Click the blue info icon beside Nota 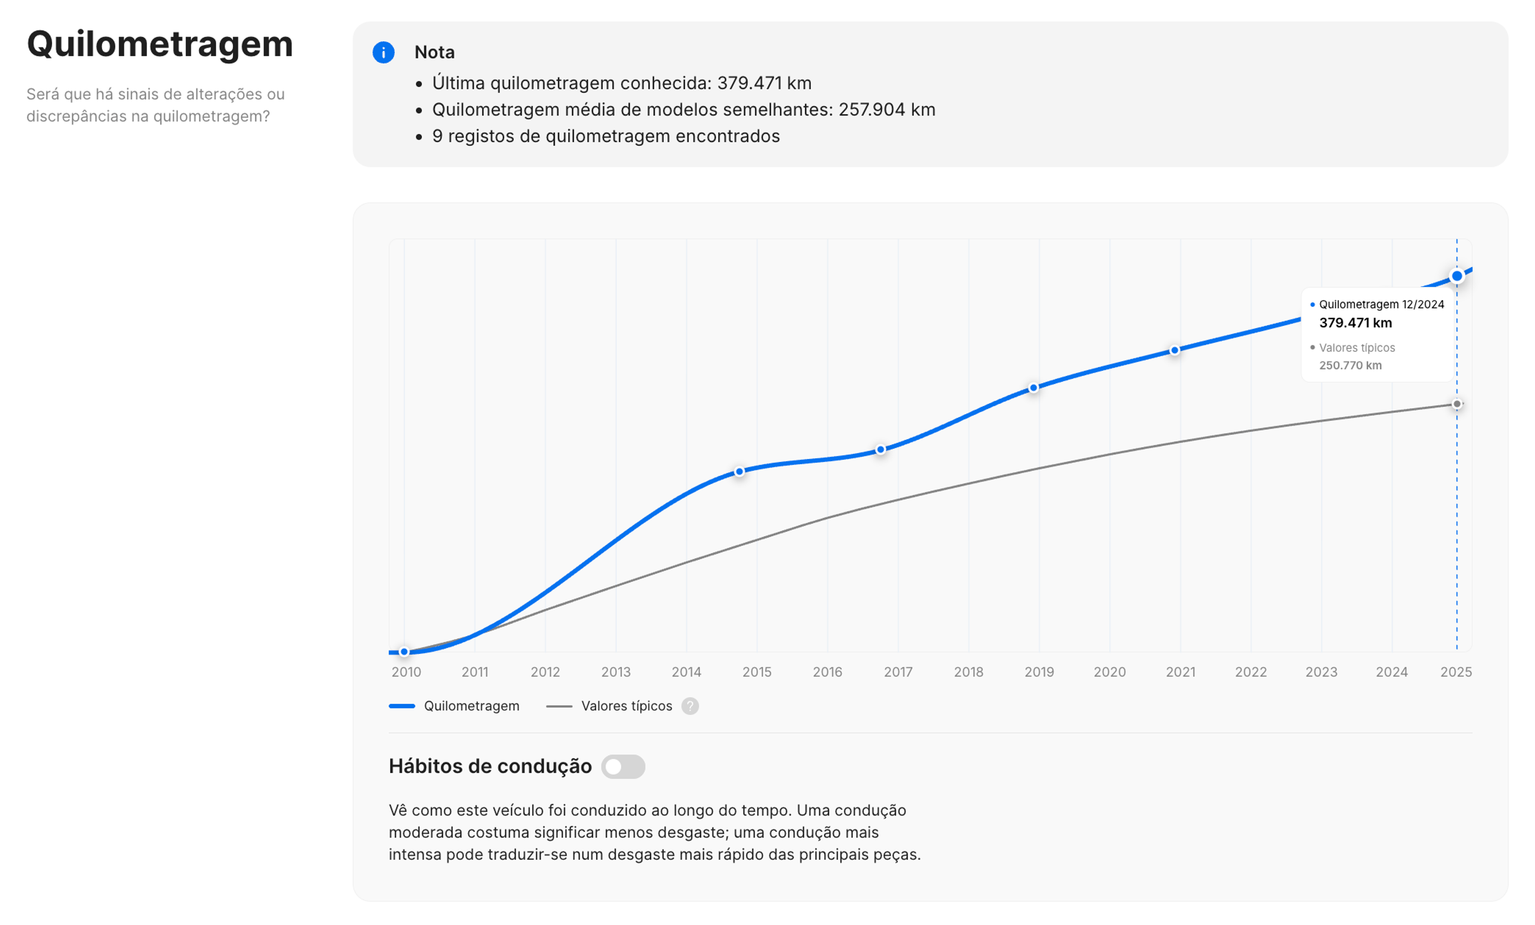coord(383,52)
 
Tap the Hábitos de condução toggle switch coord(622,766)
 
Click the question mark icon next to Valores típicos coord(690,706)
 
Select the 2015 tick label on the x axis coord(756,672)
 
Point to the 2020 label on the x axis coord(1110,672)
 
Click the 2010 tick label coord(406,672)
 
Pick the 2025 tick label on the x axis coord(1456,672)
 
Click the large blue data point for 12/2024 coord(1457,276)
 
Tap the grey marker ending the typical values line coord(1457,404)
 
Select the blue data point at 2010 coord(404,652)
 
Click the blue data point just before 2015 coord(739,472)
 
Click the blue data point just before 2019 coord(1033,387)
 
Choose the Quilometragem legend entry coord(471,706)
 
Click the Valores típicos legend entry coord(626,706)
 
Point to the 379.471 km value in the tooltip coord(1355,323)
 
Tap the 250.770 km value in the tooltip coord(1350,365)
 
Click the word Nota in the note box coord(434,52)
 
